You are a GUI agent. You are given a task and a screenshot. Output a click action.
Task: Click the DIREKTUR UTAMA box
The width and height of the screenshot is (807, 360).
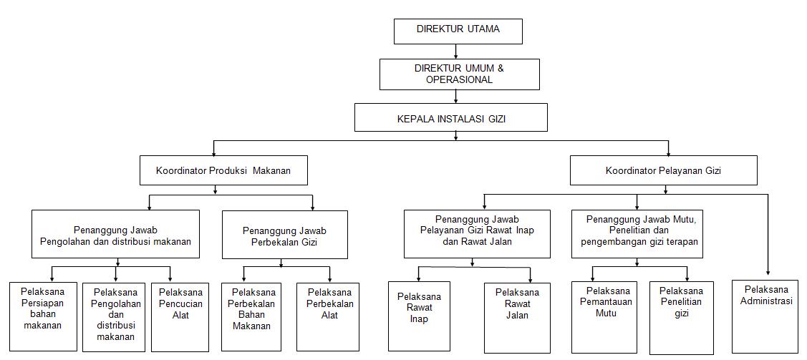click(458, 31)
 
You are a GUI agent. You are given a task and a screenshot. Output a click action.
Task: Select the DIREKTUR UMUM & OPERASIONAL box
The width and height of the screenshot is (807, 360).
click(459, 74)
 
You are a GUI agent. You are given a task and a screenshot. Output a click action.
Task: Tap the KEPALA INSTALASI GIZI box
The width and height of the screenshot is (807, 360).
click(450, 118)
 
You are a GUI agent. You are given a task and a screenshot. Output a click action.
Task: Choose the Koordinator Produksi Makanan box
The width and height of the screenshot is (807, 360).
click(223, 171)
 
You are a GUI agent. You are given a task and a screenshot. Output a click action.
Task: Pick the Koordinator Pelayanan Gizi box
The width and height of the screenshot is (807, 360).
click(663, 171)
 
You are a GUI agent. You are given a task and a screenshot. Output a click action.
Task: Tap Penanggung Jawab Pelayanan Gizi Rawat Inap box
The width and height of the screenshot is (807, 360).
click(477, 233)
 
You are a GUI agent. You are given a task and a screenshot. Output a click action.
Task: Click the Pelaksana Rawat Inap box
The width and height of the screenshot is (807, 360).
click(419, 316)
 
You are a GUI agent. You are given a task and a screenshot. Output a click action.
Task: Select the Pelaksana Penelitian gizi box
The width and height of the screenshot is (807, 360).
click(681, 316)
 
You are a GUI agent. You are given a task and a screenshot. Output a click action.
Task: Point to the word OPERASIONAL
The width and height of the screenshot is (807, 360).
click(459, 79)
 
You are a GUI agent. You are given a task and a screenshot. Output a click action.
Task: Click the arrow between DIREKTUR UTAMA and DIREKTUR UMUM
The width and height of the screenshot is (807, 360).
click(457, 52)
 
